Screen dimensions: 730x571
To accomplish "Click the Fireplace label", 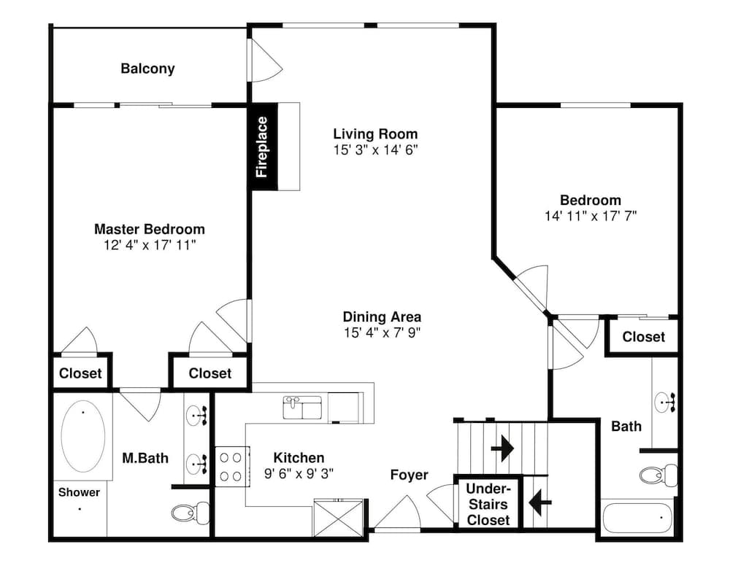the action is tap(262, 147).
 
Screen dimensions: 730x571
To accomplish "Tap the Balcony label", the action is tap(147, 69).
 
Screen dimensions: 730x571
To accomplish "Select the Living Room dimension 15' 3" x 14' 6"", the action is tap(375, 149).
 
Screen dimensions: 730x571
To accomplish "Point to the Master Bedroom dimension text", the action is tap(150, 245).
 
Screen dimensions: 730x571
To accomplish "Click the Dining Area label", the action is tap(382, 316).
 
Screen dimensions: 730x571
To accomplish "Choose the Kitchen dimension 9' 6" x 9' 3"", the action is tap(299, 473).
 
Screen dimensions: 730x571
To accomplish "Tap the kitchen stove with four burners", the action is tap(231, 467).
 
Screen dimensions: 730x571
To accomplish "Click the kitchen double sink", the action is tap(303, 408).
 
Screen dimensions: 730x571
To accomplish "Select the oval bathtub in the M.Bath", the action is tap(83, 436).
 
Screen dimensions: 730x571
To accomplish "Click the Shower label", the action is tap(79, 492).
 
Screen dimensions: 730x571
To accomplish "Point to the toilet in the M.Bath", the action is tap(191, 513).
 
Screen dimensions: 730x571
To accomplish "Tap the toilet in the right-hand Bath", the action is tap(658, 475).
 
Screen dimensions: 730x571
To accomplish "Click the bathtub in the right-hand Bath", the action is tap(637, 518).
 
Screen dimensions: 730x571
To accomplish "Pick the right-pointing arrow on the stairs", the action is tap(502, 448).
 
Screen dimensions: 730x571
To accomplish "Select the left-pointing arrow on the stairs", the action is tap(540, 502).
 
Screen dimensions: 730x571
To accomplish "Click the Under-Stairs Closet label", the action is tap(488, 505).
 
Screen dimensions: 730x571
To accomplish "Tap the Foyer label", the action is tap(410, 475).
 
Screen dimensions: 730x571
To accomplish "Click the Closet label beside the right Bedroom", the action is tap(643, 337).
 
